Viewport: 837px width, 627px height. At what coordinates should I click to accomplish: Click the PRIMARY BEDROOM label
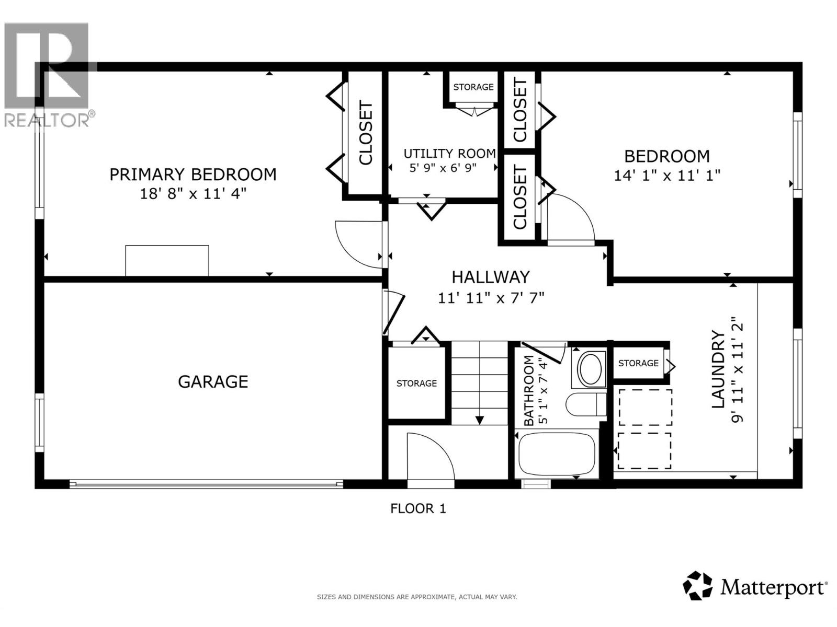click(193, 174)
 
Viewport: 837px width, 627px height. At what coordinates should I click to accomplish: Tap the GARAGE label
click(213, 381)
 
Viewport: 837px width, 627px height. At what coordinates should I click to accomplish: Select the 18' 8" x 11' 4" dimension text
click(193, 194)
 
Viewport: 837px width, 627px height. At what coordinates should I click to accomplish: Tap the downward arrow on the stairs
click(479, 420)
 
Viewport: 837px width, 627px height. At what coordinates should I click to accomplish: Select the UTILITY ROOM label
click(449, 154)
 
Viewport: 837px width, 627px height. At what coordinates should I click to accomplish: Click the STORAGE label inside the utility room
click(473, 87)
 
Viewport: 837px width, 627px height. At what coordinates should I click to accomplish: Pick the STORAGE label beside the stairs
click(416, 384)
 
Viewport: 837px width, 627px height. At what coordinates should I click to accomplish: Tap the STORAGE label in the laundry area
click(638, 363)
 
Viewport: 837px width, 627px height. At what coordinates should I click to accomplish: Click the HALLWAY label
click(490, 277)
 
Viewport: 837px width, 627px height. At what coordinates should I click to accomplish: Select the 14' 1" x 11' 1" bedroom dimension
click(667, 175)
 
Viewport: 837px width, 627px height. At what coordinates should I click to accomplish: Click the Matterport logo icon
click(698, 586)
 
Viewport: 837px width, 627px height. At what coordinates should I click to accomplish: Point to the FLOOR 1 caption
click(418, 508)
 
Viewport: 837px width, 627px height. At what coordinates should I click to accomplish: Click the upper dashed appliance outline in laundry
click(644, 407)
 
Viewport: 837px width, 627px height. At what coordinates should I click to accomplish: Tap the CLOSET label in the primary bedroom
click(365, 133)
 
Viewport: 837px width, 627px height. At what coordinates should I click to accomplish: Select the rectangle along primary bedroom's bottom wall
click(167, 260)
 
